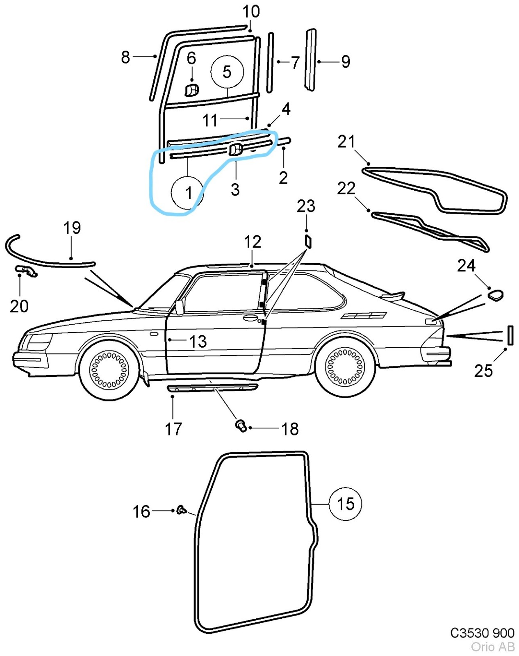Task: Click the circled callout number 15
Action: click(345, 504)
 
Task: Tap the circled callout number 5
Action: click(227, 72)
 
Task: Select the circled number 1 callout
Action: click(188, 193)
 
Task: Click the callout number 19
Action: click(72, 228)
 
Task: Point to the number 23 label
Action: click(306, 206)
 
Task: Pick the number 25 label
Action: click(483, 371)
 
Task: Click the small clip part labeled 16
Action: click(181, 510)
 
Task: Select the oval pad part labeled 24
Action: click(495, 295)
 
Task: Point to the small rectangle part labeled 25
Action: click(510, 335)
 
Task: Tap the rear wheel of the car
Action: click(345, 367)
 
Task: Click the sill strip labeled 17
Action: click(212, 387)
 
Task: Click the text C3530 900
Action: click(482, 633)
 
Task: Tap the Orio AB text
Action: click(492, 647)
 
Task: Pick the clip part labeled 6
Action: click(192, 90)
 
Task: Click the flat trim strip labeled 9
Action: click(311, 59)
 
